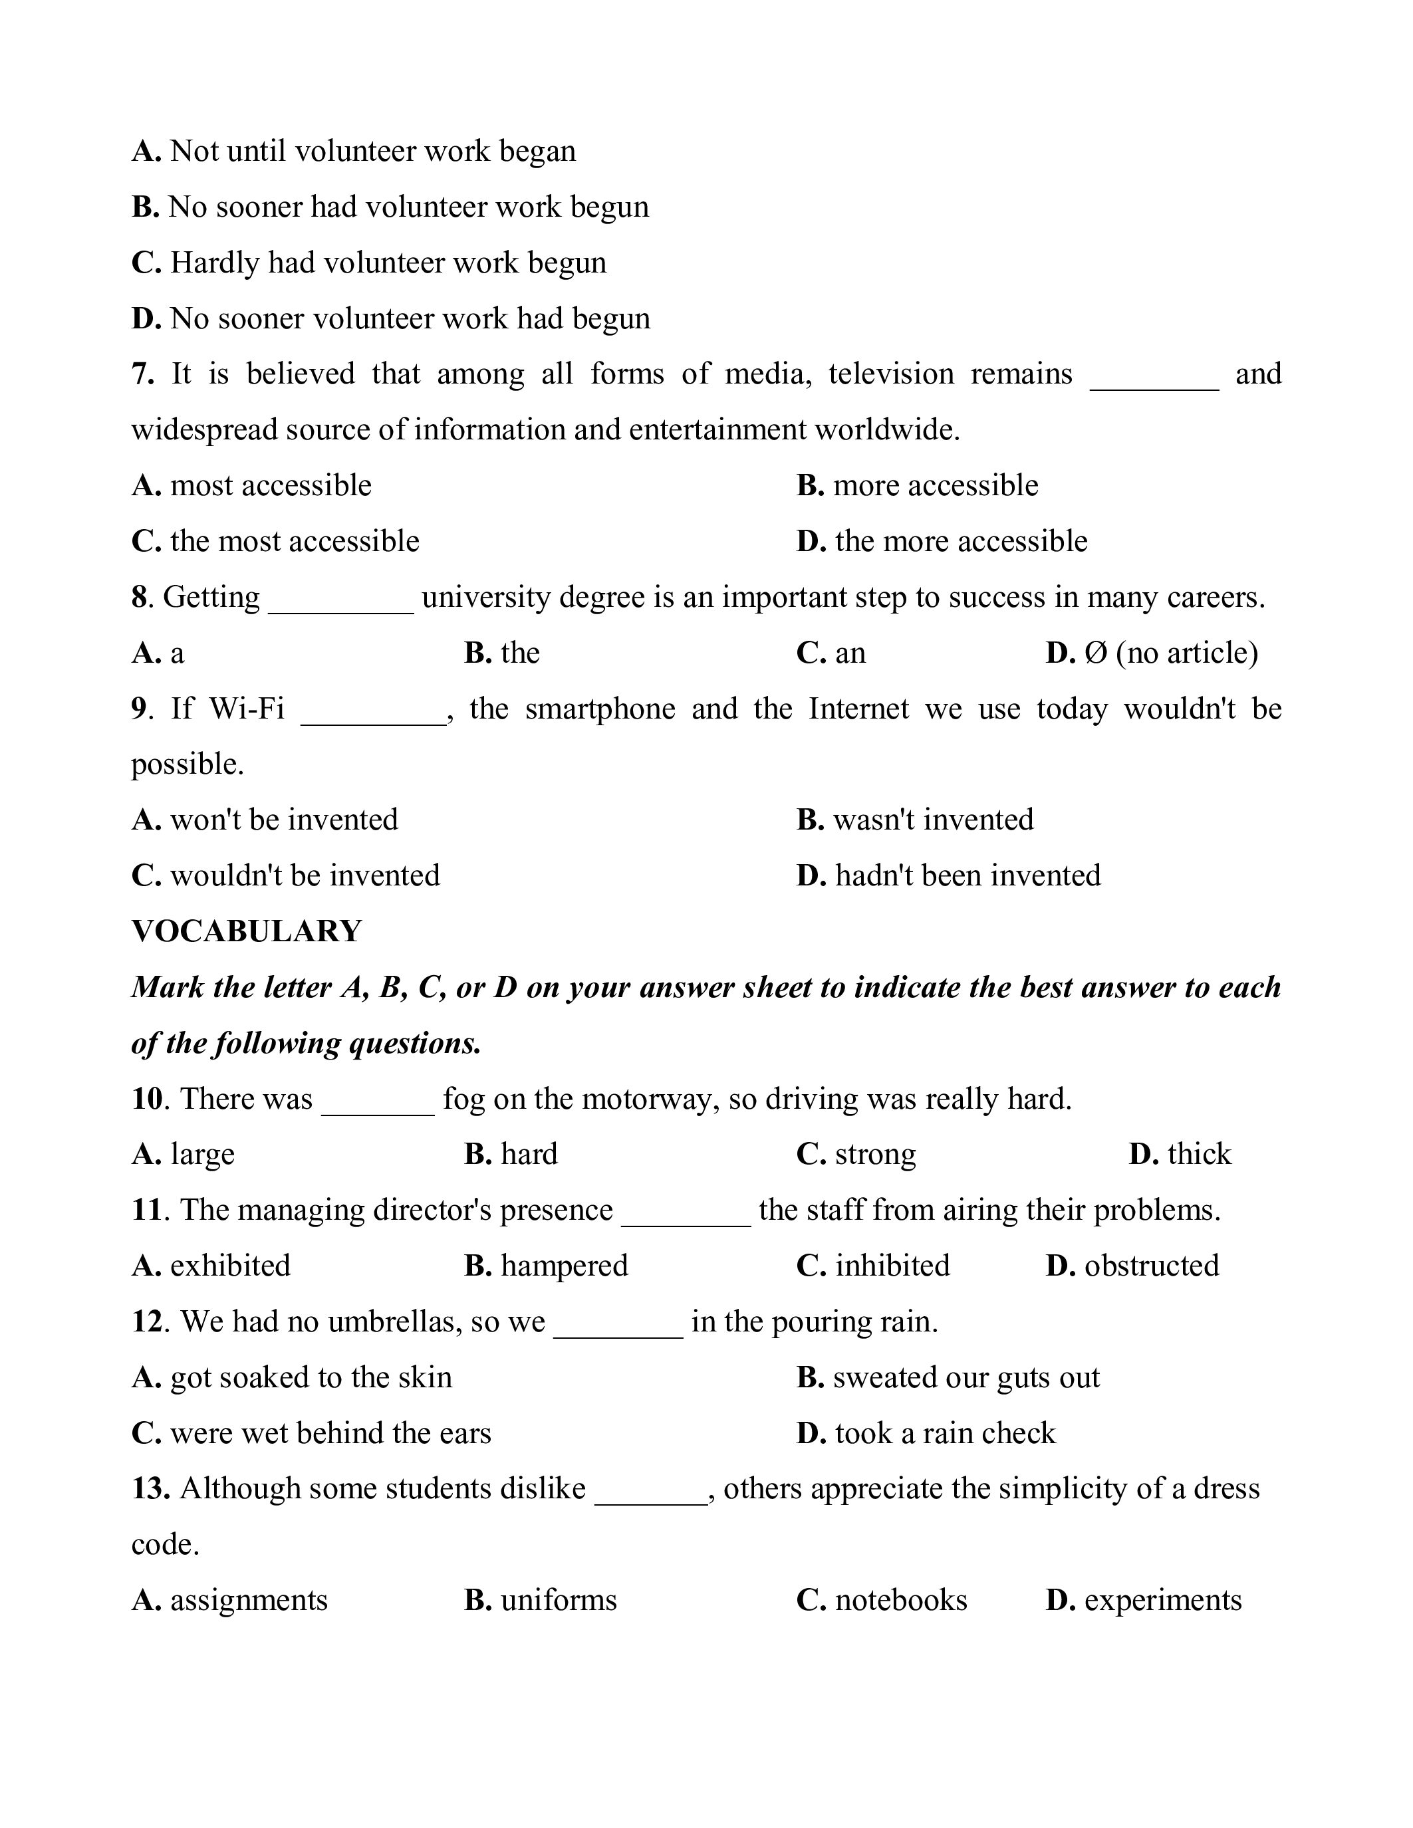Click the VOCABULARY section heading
click(x=246, y=931)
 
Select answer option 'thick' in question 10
click(x=1199, y=1154)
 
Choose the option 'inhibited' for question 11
click(x=892, y=1266)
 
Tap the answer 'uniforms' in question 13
click(x=559, y=1599)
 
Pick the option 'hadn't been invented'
click(x=967, y=875)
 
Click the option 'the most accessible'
click(x=295, y=542)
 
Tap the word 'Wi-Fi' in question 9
click(x=247, y=709)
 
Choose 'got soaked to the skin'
click(x=311, y=1377)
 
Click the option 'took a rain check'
click(x=945, y=1433)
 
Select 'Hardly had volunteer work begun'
click(x=388, y=263)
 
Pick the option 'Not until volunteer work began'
click(x=372, y=152)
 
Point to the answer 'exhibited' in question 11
click(x=230, y=1266)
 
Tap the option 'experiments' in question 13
click(x=1163, y=1599)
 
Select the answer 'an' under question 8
click(x=850, y=653)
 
